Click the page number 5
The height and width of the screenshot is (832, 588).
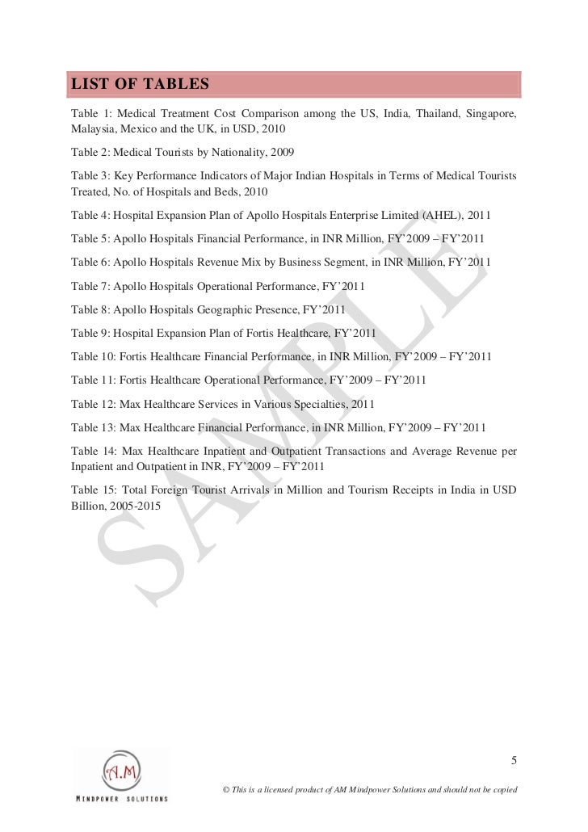514,760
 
